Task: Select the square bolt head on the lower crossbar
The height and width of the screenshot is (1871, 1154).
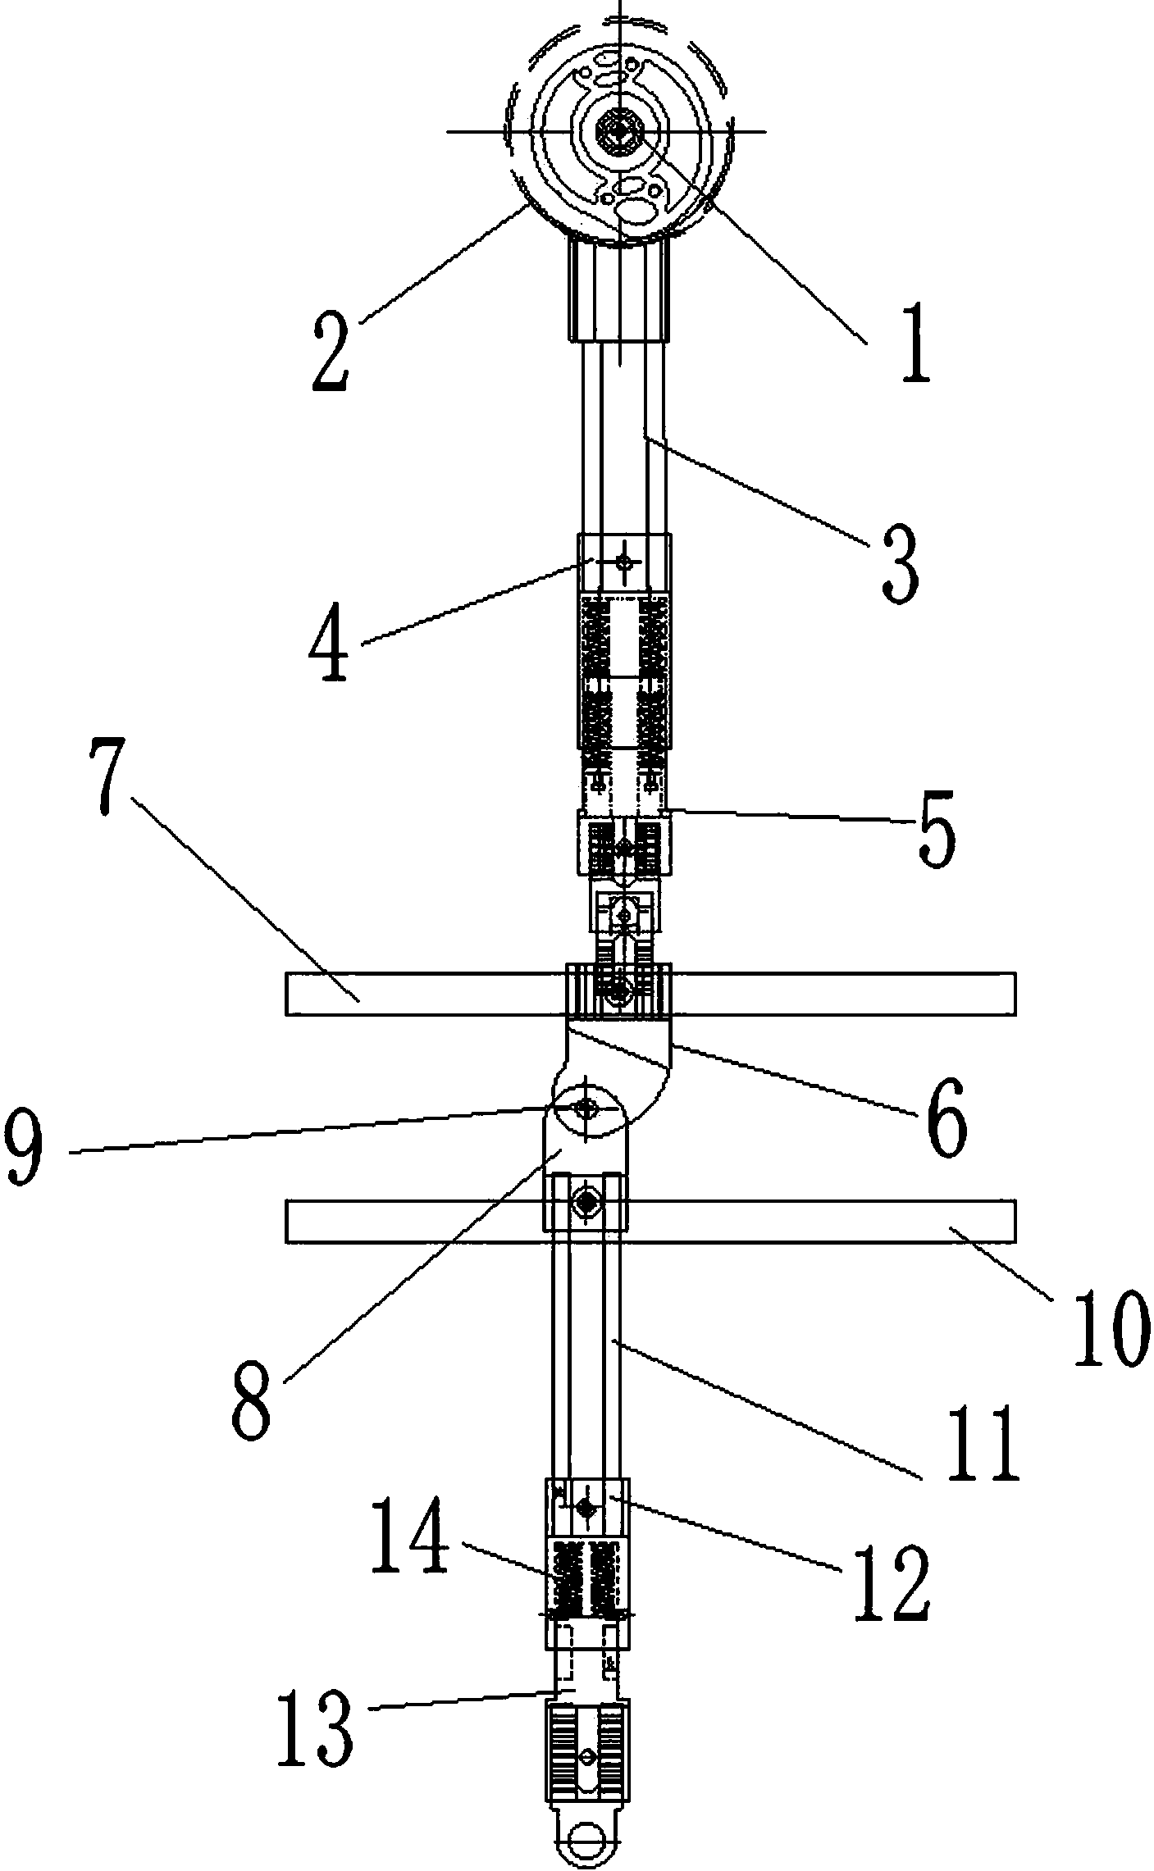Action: click(586, 1202)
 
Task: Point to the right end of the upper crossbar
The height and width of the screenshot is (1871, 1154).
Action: click(1015, 994)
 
